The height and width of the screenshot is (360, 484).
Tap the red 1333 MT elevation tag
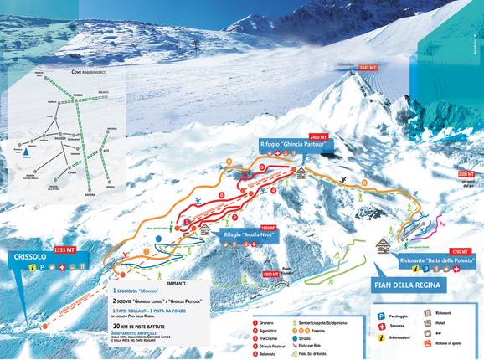[x=65, y=249]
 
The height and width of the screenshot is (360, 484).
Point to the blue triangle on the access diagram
[x=28, y=154]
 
